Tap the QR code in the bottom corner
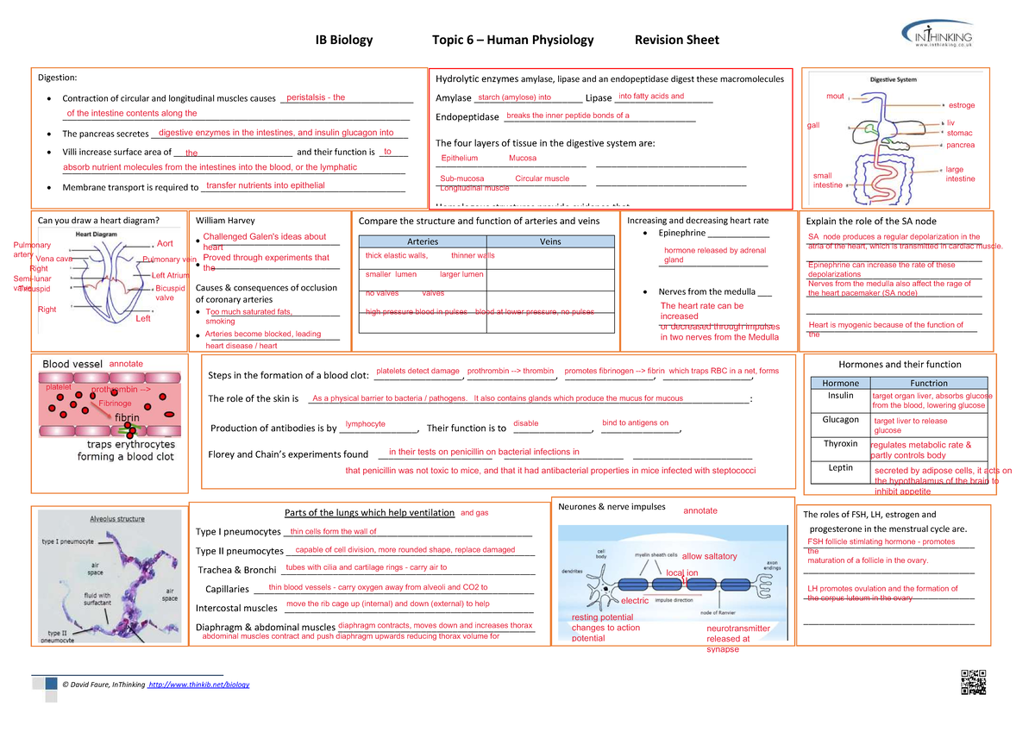972,681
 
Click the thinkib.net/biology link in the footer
199,685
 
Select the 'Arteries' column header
422,241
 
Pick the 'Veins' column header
550,241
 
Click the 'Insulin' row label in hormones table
840,396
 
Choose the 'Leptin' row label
840,468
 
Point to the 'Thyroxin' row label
840,444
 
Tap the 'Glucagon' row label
840,420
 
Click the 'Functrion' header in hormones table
928,383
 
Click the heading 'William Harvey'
225,221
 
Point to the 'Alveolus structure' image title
117,519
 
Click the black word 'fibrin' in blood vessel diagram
121,417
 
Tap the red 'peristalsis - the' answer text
316,98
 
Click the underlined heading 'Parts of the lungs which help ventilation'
368,514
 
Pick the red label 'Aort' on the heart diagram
165,244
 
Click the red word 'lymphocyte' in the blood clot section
365,424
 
